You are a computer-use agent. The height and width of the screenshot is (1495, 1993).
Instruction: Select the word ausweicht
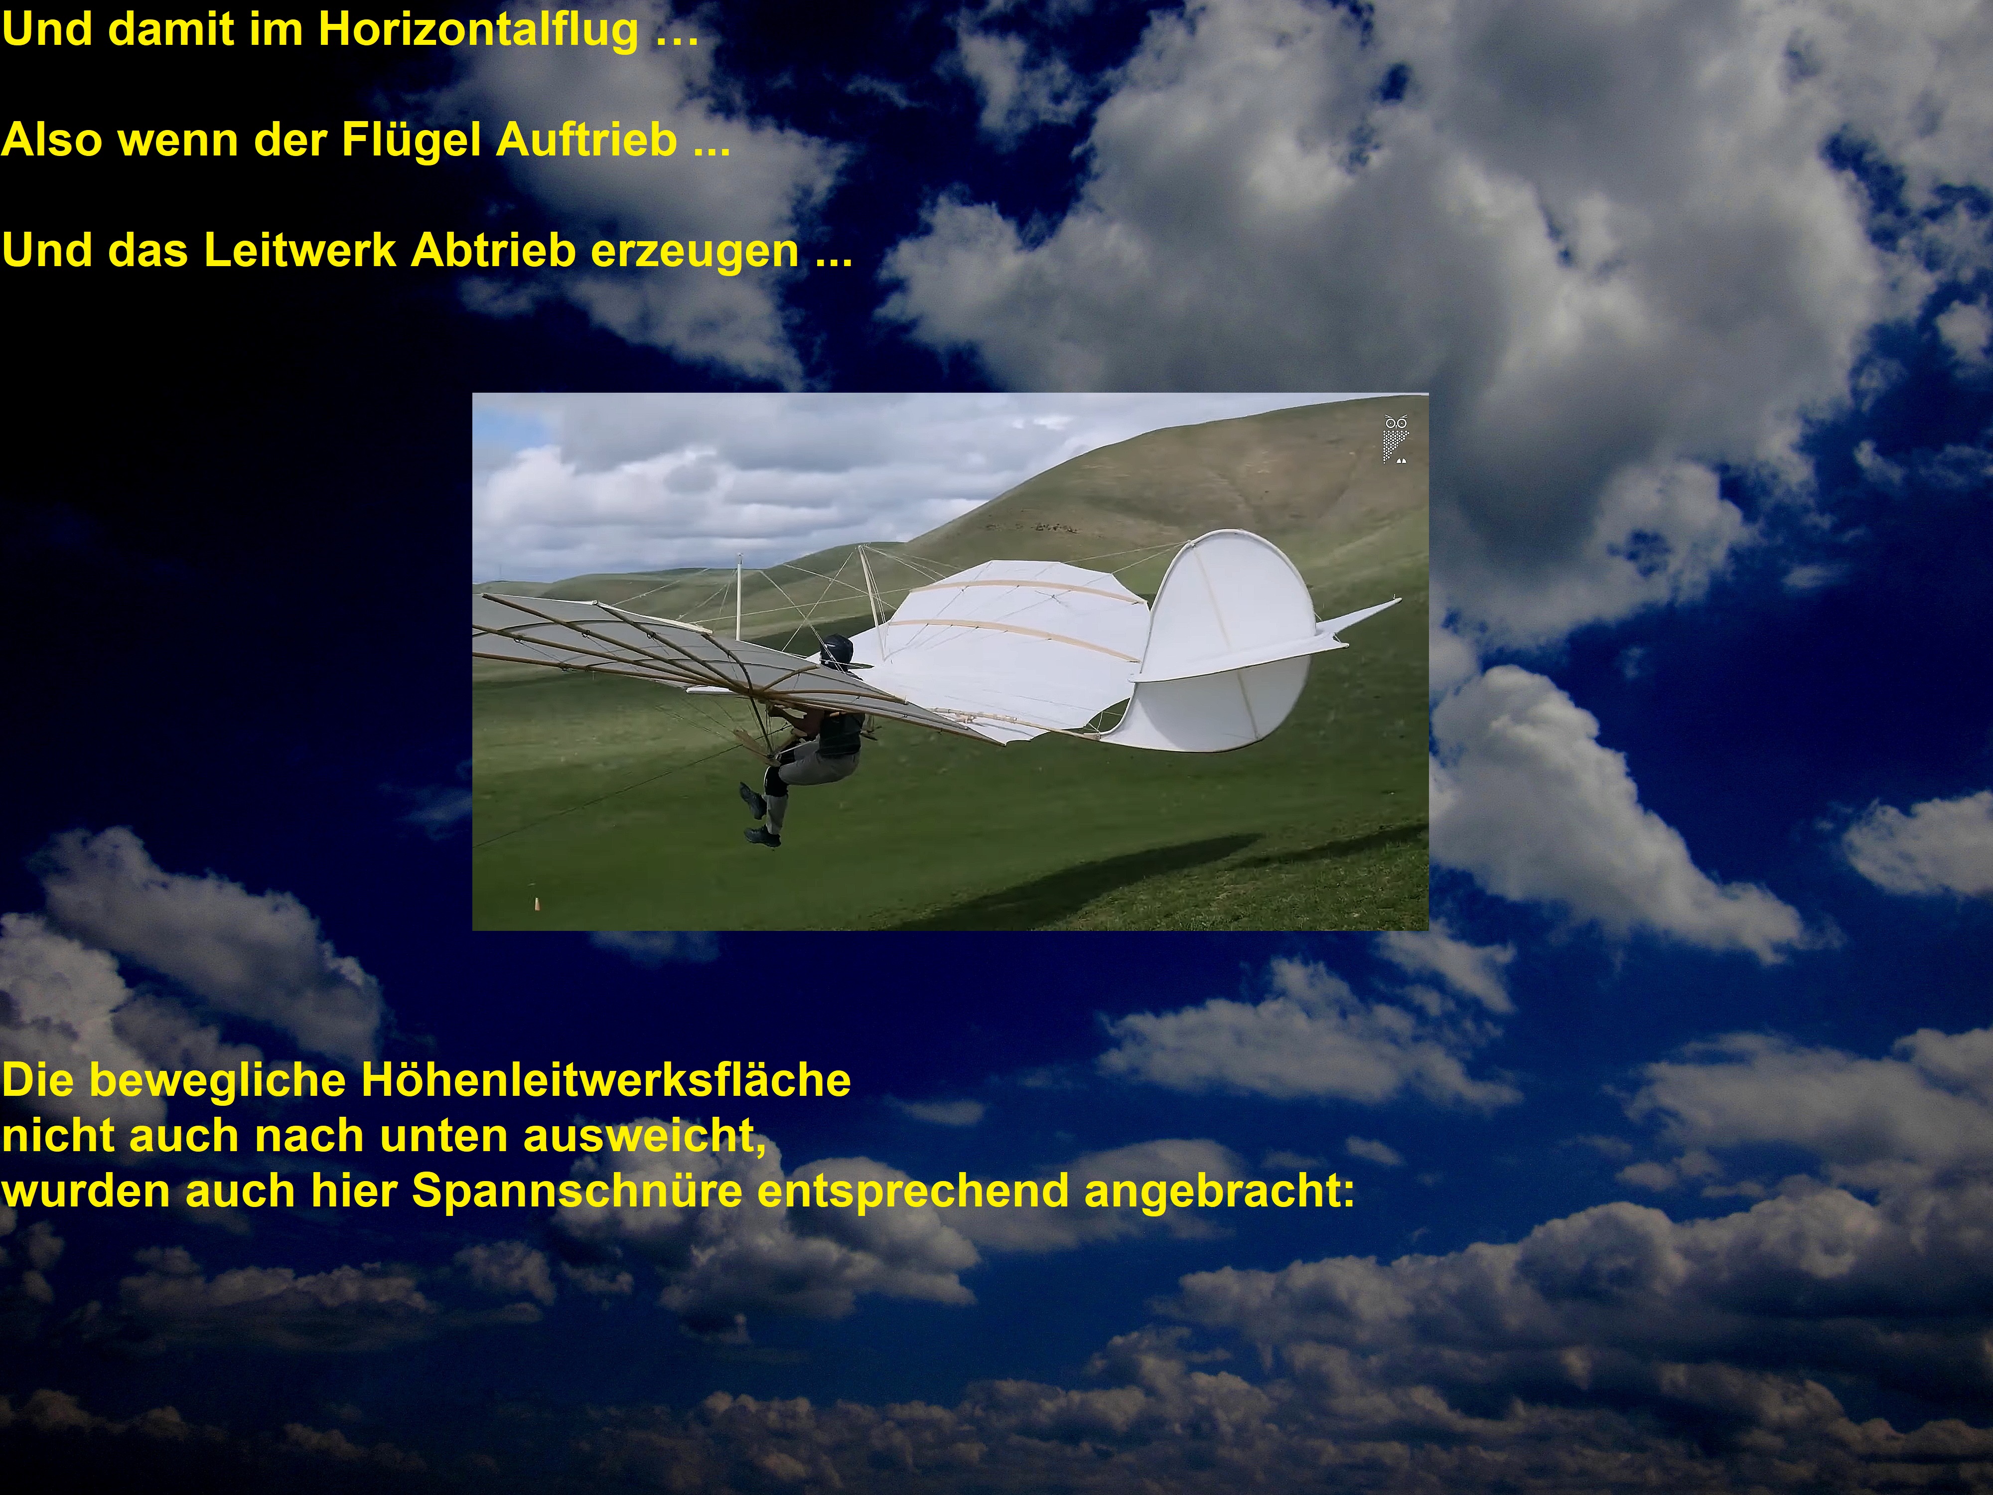click(644, 1135)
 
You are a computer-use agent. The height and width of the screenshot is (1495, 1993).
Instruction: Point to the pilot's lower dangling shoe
click(762, 837)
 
